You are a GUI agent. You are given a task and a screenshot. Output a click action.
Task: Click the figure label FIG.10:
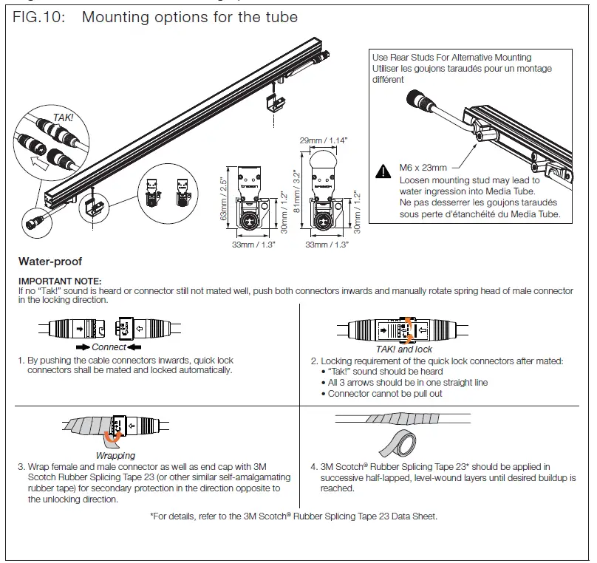(x=41, y=17)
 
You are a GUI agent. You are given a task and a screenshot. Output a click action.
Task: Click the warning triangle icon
(x=383, y=171)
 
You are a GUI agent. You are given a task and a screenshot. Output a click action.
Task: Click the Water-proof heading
(x=50, y=262)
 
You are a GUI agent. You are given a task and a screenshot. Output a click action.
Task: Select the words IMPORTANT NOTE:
(x=60, y=281)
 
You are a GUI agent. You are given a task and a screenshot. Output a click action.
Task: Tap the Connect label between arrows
(x=109, y=347)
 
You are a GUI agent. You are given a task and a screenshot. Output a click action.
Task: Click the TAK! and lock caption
(x=404, y=349)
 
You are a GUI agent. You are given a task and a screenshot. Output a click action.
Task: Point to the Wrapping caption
(x=115, y=456)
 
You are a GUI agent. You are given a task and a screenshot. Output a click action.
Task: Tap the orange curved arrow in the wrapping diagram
(x=112, y=439)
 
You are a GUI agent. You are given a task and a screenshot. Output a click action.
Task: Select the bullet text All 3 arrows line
(x=408, y=383)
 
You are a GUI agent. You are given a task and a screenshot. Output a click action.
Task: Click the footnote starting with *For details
(x=293, y=516)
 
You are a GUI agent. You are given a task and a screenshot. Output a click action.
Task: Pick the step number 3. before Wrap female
(x=21, y=467)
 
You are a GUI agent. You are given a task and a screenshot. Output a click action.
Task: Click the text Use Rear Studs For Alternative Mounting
(x=451, y=57)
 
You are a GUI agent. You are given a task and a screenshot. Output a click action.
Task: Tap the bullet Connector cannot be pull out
(x=385, y=394)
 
